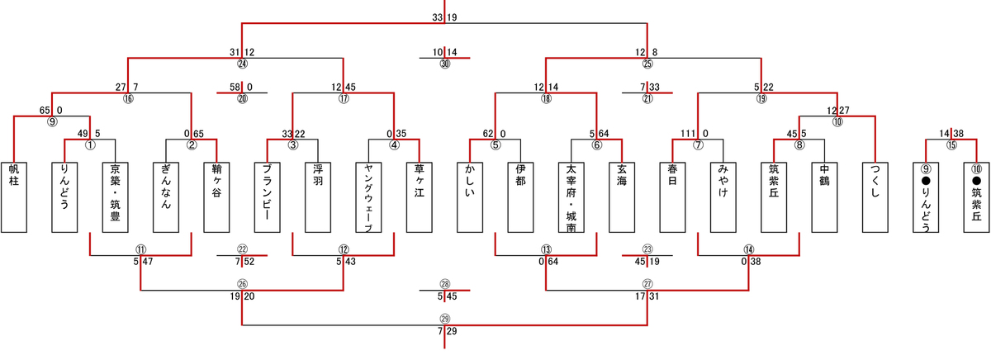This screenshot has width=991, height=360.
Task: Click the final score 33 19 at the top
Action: coord(444,17)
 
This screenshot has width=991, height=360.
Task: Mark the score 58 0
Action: coord(242,87)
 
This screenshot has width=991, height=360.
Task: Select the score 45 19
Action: coord(647,261)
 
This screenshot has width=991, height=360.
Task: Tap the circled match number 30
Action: coord(445,64)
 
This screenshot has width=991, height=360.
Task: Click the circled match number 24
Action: coord(242,64)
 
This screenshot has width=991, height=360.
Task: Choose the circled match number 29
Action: coord(445,319)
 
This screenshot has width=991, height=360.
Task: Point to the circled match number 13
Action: coord(546,249)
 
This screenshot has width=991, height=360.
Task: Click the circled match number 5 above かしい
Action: coord(495,144)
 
